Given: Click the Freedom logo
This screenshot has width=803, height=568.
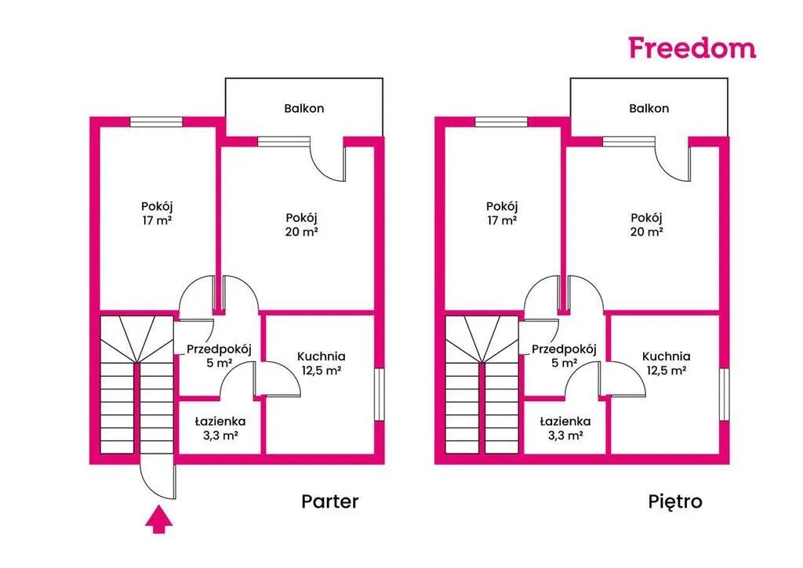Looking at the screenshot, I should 692,47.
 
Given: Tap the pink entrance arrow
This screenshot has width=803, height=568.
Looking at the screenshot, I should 159,519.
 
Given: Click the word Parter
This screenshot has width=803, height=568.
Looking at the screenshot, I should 330,501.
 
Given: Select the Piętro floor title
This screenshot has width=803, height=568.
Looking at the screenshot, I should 675,501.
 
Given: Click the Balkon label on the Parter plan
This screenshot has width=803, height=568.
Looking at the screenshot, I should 303,108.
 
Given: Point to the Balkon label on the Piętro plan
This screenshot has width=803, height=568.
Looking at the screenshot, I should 649,108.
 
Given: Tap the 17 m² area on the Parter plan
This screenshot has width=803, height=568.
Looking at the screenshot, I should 157,221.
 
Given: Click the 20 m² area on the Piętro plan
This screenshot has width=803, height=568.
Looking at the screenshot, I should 647,232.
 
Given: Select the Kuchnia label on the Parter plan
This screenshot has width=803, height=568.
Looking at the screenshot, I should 322,356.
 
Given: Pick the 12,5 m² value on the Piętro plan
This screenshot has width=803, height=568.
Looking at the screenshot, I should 666,371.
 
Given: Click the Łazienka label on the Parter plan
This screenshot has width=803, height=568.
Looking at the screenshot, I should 220,421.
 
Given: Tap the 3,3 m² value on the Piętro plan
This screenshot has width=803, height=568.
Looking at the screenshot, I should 565,436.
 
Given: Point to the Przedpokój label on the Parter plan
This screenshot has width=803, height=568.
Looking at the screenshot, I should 218,349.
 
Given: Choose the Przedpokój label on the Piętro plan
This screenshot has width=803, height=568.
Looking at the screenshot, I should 563,349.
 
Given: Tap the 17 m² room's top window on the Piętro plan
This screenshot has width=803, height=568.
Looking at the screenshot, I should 501,121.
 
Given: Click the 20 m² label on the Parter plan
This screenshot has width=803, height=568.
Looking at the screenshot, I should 302,232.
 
